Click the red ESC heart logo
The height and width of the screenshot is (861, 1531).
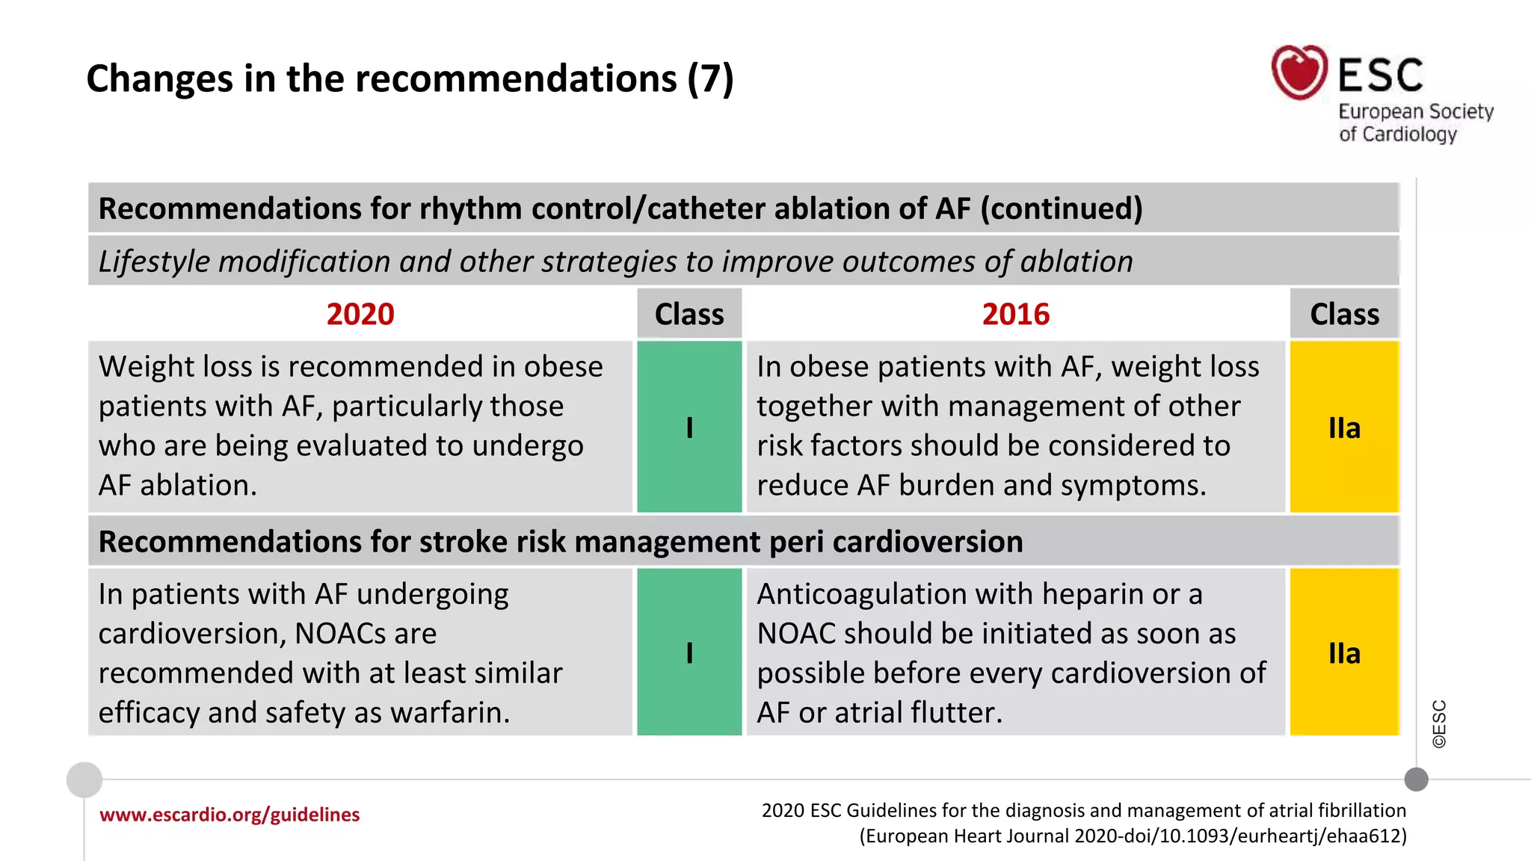tap(1299, 72)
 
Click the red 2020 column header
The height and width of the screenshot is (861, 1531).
tap(360, 314)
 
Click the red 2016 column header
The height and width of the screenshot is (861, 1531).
tap(1015, 314)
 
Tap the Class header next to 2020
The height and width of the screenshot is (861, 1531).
tap(689, 314)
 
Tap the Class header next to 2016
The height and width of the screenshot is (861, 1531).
tap(1344, 314)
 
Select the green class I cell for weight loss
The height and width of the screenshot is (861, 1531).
tap(689, 428)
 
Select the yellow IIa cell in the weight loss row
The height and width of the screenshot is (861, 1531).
tap(1344, 428)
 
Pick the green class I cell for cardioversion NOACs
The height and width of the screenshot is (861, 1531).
tap(689, 652)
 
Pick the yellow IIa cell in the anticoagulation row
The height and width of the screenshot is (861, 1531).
tap(1344, 652)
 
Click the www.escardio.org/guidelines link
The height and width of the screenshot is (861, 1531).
tap(230, 815)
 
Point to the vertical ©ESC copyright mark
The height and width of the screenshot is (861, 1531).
tap(1439, 723)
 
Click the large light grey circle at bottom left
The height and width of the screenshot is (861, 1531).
tap(84, 780)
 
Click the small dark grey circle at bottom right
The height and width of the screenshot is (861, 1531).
tap(1416, 780)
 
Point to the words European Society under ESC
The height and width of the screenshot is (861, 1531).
tap(1415, 111)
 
